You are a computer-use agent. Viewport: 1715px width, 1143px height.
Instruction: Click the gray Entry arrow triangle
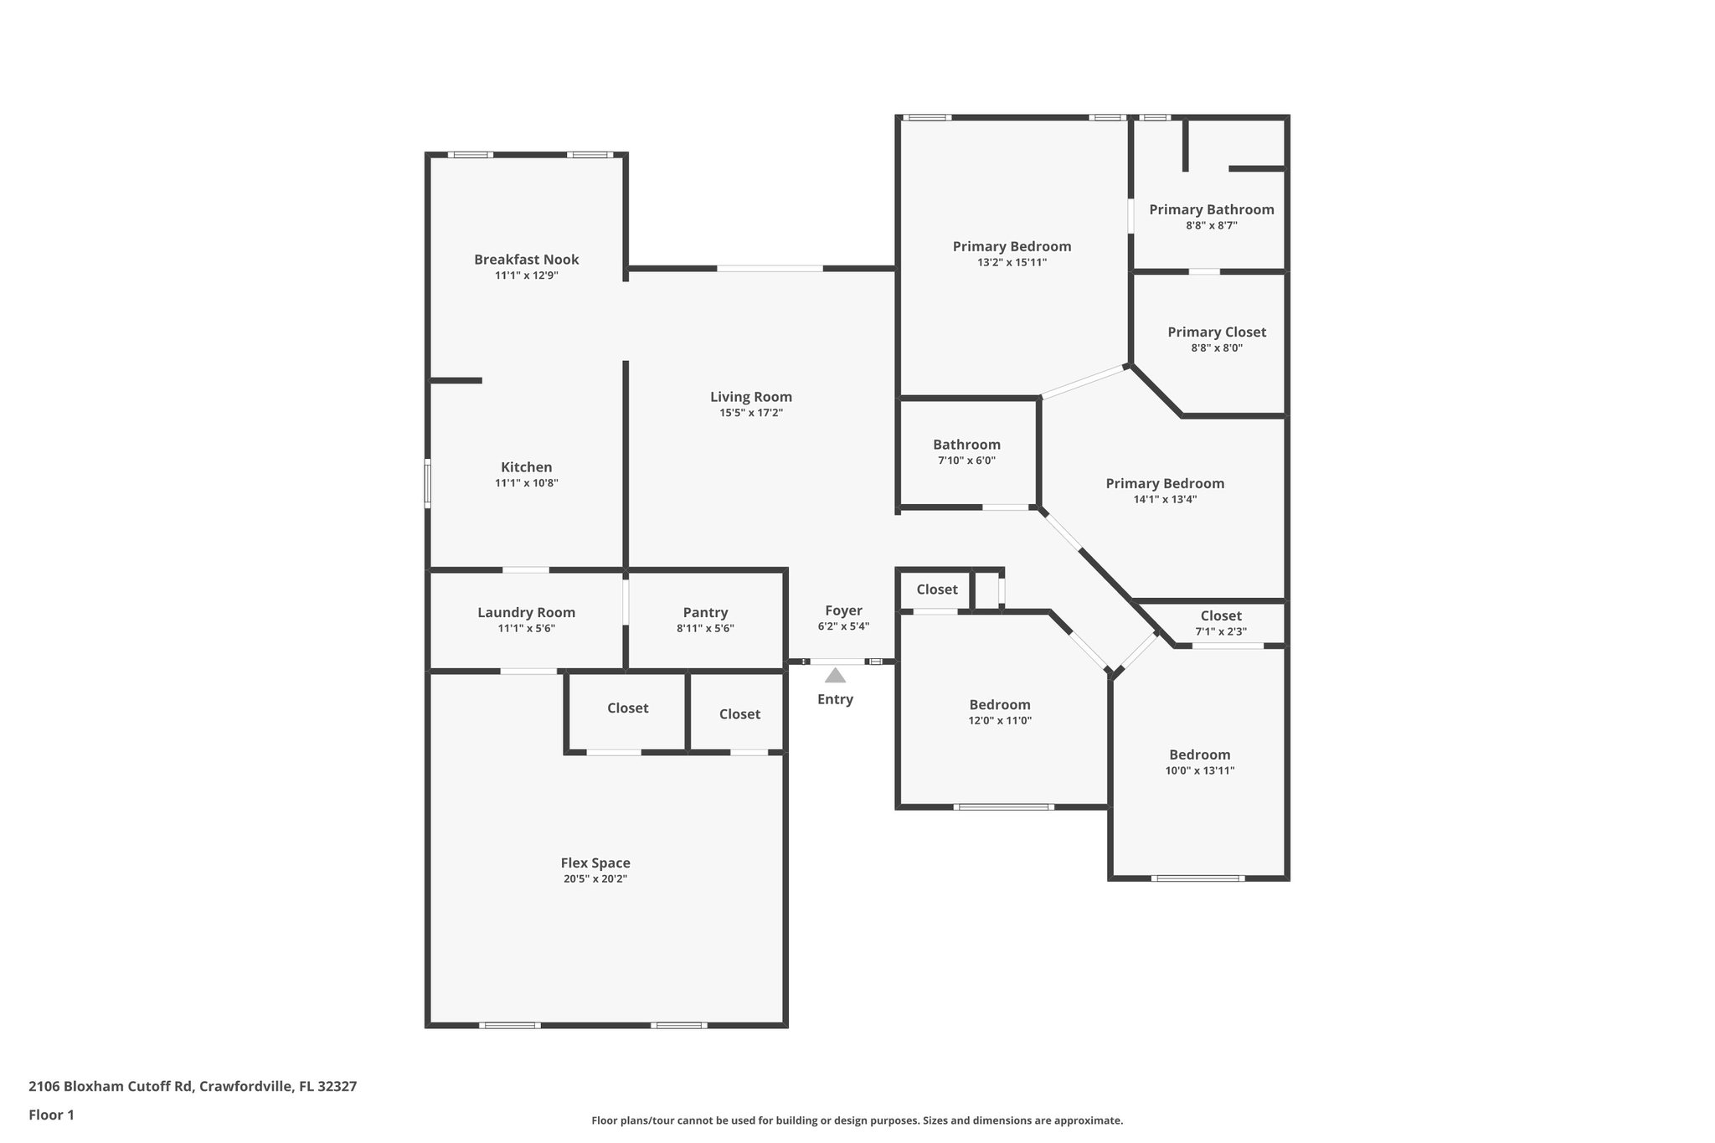click(835, 676)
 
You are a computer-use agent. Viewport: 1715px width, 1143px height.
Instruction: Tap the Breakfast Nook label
click(526, 260)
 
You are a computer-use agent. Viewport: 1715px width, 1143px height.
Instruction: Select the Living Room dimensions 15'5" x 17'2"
click(750, 413)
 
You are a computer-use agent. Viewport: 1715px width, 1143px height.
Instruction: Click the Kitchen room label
click(526, 467)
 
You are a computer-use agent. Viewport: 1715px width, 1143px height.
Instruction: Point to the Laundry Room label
click(526, 612)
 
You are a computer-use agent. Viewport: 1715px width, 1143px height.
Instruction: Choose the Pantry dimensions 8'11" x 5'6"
click(705, 628)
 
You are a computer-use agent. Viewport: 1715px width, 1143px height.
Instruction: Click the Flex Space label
click(595, 862)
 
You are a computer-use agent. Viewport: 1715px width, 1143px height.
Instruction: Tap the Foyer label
click(842, 610)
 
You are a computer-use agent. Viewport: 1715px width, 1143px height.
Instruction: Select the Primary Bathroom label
click(1211, 209)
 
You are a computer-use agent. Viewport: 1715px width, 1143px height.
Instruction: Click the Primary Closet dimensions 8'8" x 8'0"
click(1216, 348)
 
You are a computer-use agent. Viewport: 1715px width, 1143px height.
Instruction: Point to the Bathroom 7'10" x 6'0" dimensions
click(966, 461)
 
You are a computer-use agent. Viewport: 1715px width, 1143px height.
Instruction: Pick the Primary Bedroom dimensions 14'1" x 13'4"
click(1164, 499)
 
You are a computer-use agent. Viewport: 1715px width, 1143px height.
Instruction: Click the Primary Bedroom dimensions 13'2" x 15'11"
click(1012, 262)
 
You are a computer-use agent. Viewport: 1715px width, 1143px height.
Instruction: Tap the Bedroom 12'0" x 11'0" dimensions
click(1000, 720)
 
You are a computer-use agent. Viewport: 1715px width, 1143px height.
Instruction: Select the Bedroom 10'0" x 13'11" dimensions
click(1199, 770)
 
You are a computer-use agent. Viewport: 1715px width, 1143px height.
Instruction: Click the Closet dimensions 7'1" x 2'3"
click(1220, 631)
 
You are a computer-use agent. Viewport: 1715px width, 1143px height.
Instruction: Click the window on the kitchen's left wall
click(427, 483)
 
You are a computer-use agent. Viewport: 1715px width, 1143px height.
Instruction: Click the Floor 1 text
click(51, 1115)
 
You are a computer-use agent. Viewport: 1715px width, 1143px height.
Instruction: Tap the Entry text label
click(835, 699)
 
